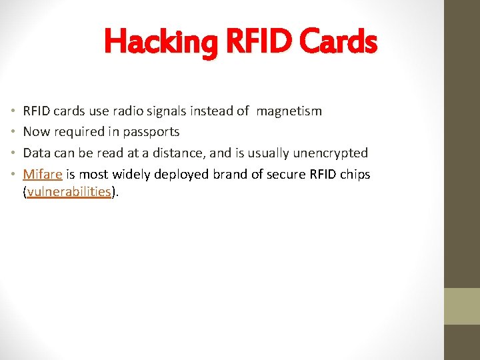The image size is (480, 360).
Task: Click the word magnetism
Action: [x=289, y=111]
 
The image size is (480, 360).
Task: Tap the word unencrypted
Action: [x=328, y=153]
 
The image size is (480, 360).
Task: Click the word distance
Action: [x=179, y=153]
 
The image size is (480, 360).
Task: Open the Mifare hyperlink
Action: [x=43, y=175]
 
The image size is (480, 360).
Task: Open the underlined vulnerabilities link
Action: [x=69, y=192]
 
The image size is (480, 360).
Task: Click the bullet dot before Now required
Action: [x=13, y=132]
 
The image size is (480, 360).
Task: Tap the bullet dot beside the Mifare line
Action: [x=13, y=175]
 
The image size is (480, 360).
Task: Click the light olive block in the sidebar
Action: [x=462, y=306]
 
